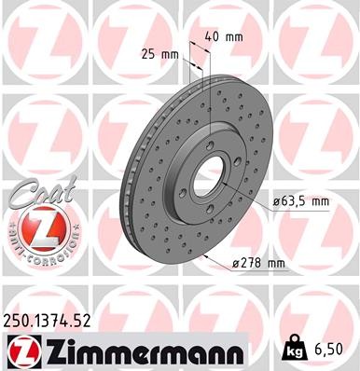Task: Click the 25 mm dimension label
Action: pos(159,53)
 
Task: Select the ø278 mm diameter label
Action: pos(256,263)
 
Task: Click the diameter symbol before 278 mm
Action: pos(236,263)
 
